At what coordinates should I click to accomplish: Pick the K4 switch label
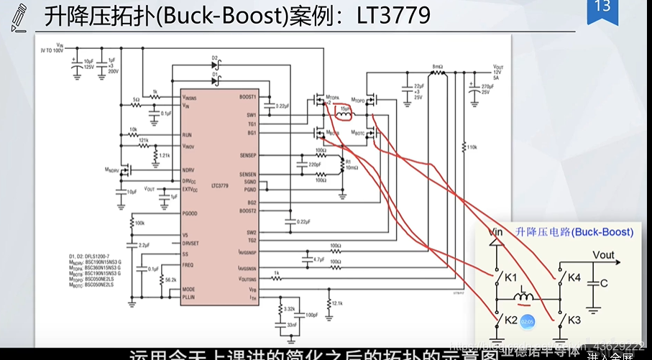(574, 277)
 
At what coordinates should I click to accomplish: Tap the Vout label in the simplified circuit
(603, 255)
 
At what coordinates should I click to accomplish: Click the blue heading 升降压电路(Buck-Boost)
(574, 232)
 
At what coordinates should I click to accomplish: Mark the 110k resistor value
(472, 147)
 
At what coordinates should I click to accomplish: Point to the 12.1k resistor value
(336, 303)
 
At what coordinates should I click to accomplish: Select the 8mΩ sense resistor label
(436, 66)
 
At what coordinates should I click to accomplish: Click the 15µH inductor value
(345, 109)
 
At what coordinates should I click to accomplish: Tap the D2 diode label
(214, 57)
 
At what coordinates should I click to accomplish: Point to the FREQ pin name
(188, 264)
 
